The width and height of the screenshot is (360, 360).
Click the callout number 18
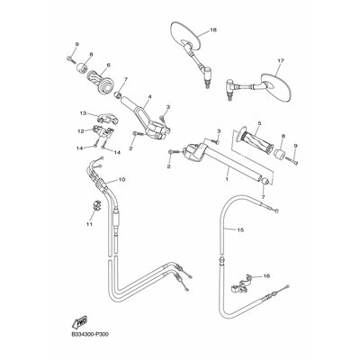213,30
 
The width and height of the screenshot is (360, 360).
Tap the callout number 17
281,61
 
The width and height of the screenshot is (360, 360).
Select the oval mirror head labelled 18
185,34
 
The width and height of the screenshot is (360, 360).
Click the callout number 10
121,179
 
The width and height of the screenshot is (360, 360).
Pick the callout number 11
89,224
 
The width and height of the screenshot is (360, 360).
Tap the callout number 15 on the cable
240,230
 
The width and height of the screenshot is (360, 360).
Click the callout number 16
266,275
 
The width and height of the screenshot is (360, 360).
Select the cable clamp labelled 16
240,284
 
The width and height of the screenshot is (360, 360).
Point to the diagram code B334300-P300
90,334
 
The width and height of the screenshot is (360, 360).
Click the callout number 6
108,65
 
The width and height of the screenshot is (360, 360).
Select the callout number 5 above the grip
259,123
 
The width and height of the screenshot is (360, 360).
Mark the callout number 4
149,96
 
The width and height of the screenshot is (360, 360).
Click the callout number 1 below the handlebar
227,179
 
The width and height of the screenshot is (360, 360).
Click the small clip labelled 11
97,204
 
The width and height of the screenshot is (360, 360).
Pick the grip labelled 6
100,81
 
